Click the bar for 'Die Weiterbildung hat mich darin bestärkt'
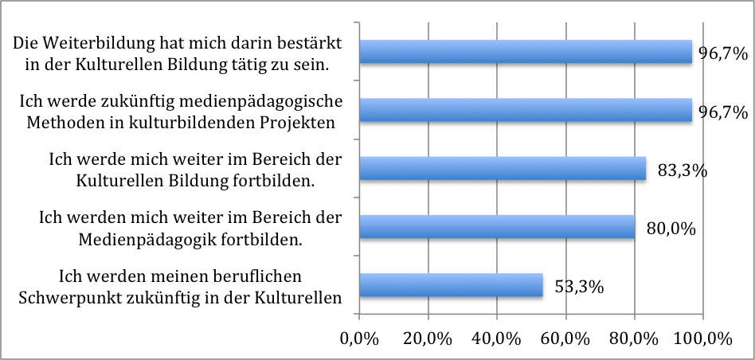point(526,52)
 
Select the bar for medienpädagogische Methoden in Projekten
point(526,111)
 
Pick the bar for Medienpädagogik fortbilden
point(498,227)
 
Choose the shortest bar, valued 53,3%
point(452,285)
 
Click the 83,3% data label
point(683,170)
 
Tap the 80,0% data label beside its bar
point(671,229)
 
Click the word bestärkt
point(311,45)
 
